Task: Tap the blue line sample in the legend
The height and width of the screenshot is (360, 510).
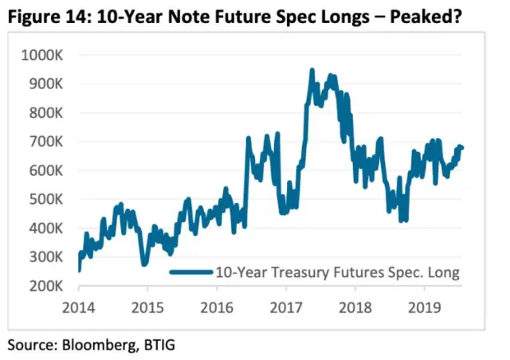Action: pos(191,272)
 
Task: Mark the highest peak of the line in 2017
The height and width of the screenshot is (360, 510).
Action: pos(312,70)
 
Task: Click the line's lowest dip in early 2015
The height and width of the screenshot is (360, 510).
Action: pos(143,264)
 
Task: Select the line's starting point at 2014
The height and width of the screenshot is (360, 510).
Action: pos(79,271)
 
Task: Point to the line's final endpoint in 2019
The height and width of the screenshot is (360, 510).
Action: pos(462,147)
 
